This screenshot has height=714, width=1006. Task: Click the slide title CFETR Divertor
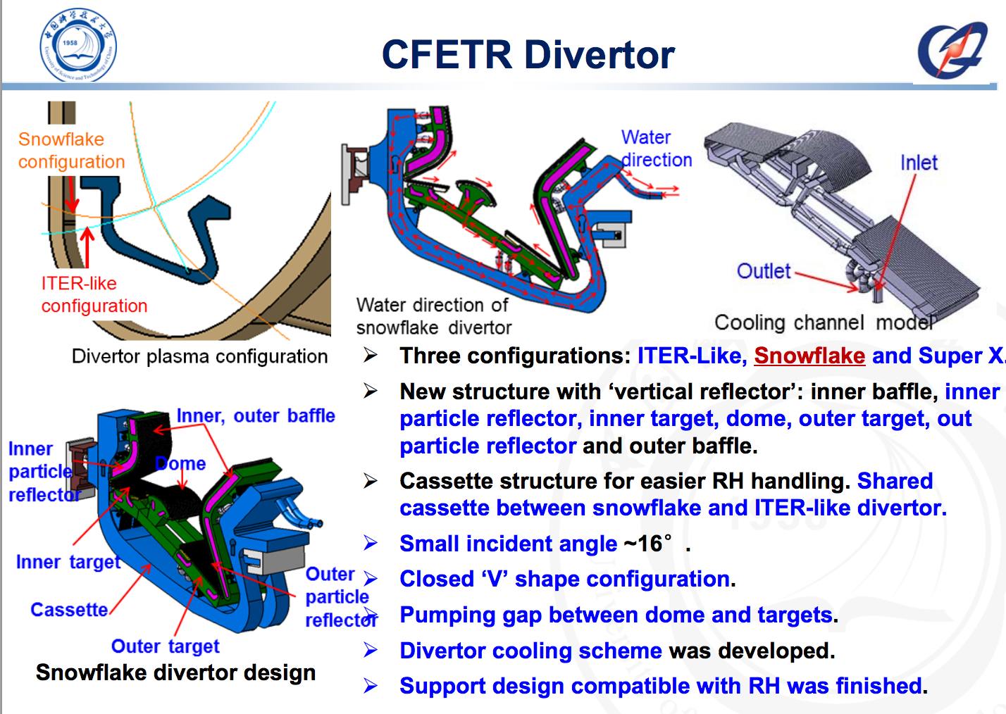528,55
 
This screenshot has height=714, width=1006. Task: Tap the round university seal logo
77,45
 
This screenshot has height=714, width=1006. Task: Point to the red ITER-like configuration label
94,294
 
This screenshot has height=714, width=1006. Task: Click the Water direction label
655,149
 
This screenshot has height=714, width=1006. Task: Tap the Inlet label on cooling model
919,163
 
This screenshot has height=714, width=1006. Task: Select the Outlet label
764,271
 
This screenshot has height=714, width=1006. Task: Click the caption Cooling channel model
824,322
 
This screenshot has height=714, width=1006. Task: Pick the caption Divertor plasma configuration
199,356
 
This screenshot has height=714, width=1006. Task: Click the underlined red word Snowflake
809,356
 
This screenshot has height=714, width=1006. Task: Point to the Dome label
181,464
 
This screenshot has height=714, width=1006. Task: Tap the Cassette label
69,610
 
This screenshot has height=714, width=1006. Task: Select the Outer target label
165,646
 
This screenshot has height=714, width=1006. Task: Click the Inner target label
68,562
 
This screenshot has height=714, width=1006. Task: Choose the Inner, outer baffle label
256,416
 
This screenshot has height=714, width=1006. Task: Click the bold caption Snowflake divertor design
175,672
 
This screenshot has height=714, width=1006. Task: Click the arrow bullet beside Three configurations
371,355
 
